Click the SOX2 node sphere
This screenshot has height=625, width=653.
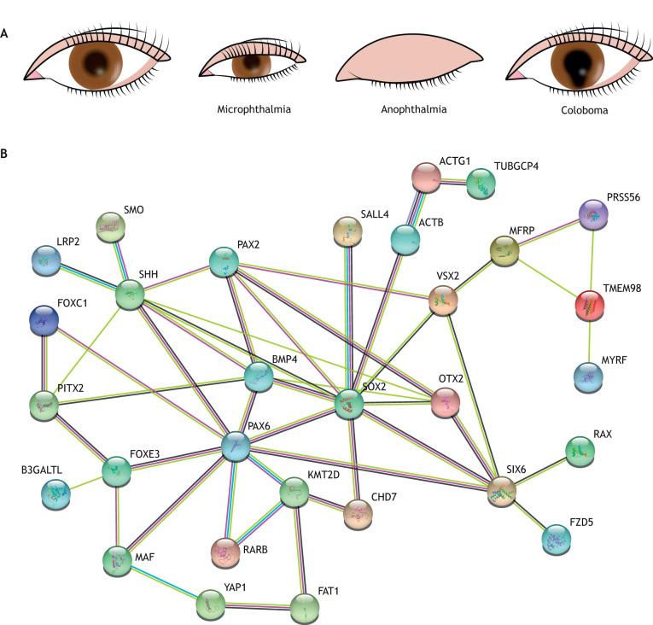point(348,404)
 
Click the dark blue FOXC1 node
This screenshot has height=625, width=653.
point(44,320)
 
